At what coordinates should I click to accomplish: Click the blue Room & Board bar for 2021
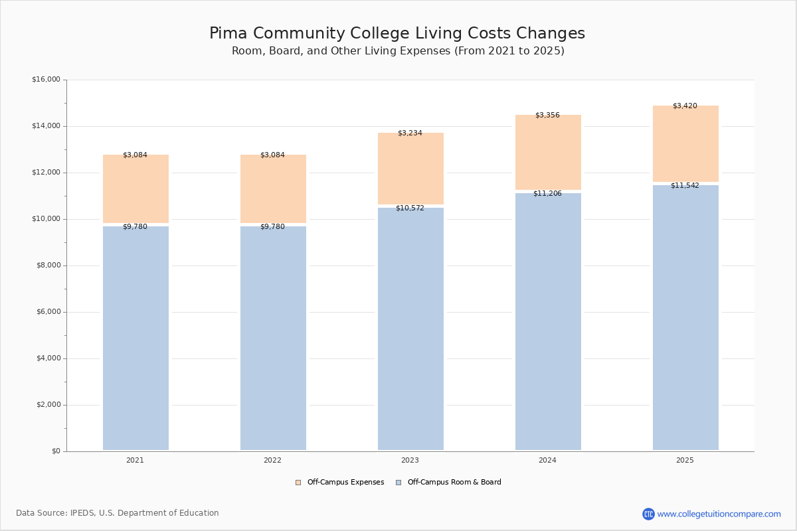point(135,339)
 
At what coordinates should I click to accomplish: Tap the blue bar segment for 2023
point(410,329)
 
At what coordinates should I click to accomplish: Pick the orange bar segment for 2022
point(273,189)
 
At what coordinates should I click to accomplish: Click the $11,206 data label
point(547,194)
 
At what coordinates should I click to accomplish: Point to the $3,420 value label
point(685,106)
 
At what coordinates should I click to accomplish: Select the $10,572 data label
point(410,208)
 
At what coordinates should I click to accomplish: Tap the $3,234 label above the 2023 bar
point(410,133)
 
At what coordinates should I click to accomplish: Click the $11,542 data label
point(685,186)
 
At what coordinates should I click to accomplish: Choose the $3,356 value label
point(547,115)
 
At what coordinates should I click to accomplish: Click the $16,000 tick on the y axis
point(46,80)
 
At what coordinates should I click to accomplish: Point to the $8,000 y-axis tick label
point(48,265)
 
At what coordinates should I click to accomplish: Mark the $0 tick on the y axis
point(55,451)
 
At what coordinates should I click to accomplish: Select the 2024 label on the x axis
point(547,461)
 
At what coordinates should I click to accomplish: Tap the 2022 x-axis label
point(272,461)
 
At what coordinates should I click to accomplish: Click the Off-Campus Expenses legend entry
point(340,483)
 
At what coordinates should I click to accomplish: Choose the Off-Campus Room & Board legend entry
point(449,483)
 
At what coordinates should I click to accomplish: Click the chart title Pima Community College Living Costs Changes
point(397,34)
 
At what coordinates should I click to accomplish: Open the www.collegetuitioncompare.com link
point(719,514)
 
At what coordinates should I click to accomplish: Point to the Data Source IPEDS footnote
point(118,513)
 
